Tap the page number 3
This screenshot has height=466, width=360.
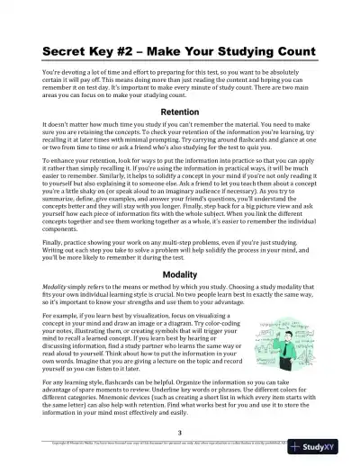coord(180,432)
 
